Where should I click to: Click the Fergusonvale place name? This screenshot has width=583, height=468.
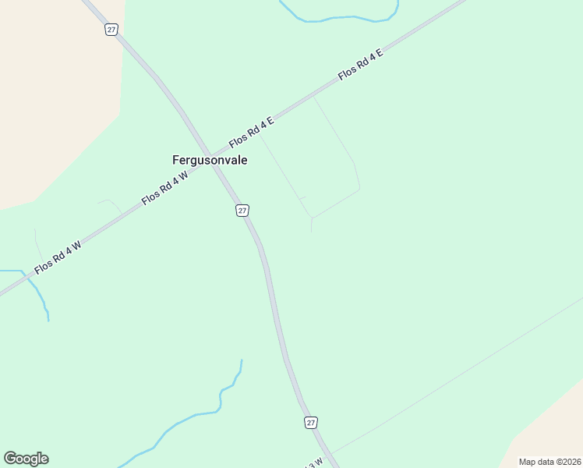(210, 160)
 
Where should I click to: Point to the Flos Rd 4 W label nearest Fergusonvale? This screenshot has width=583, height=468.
(165, 189)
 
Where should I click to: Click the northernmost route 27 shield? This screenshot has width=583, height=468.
(111, 29)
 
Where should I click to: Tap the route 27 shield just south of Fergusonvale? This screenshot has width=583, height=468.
(242, 211)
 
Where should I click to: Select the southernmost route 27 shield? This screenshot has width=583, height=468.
(311, 422)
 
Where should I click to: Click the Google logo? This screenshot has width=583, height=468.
(26, 459)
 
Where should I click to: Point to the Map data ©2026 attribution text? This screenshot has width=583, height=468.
(549, 462)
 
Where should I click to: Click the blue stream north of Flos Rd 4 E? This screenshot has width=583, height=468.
(343, 18)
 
